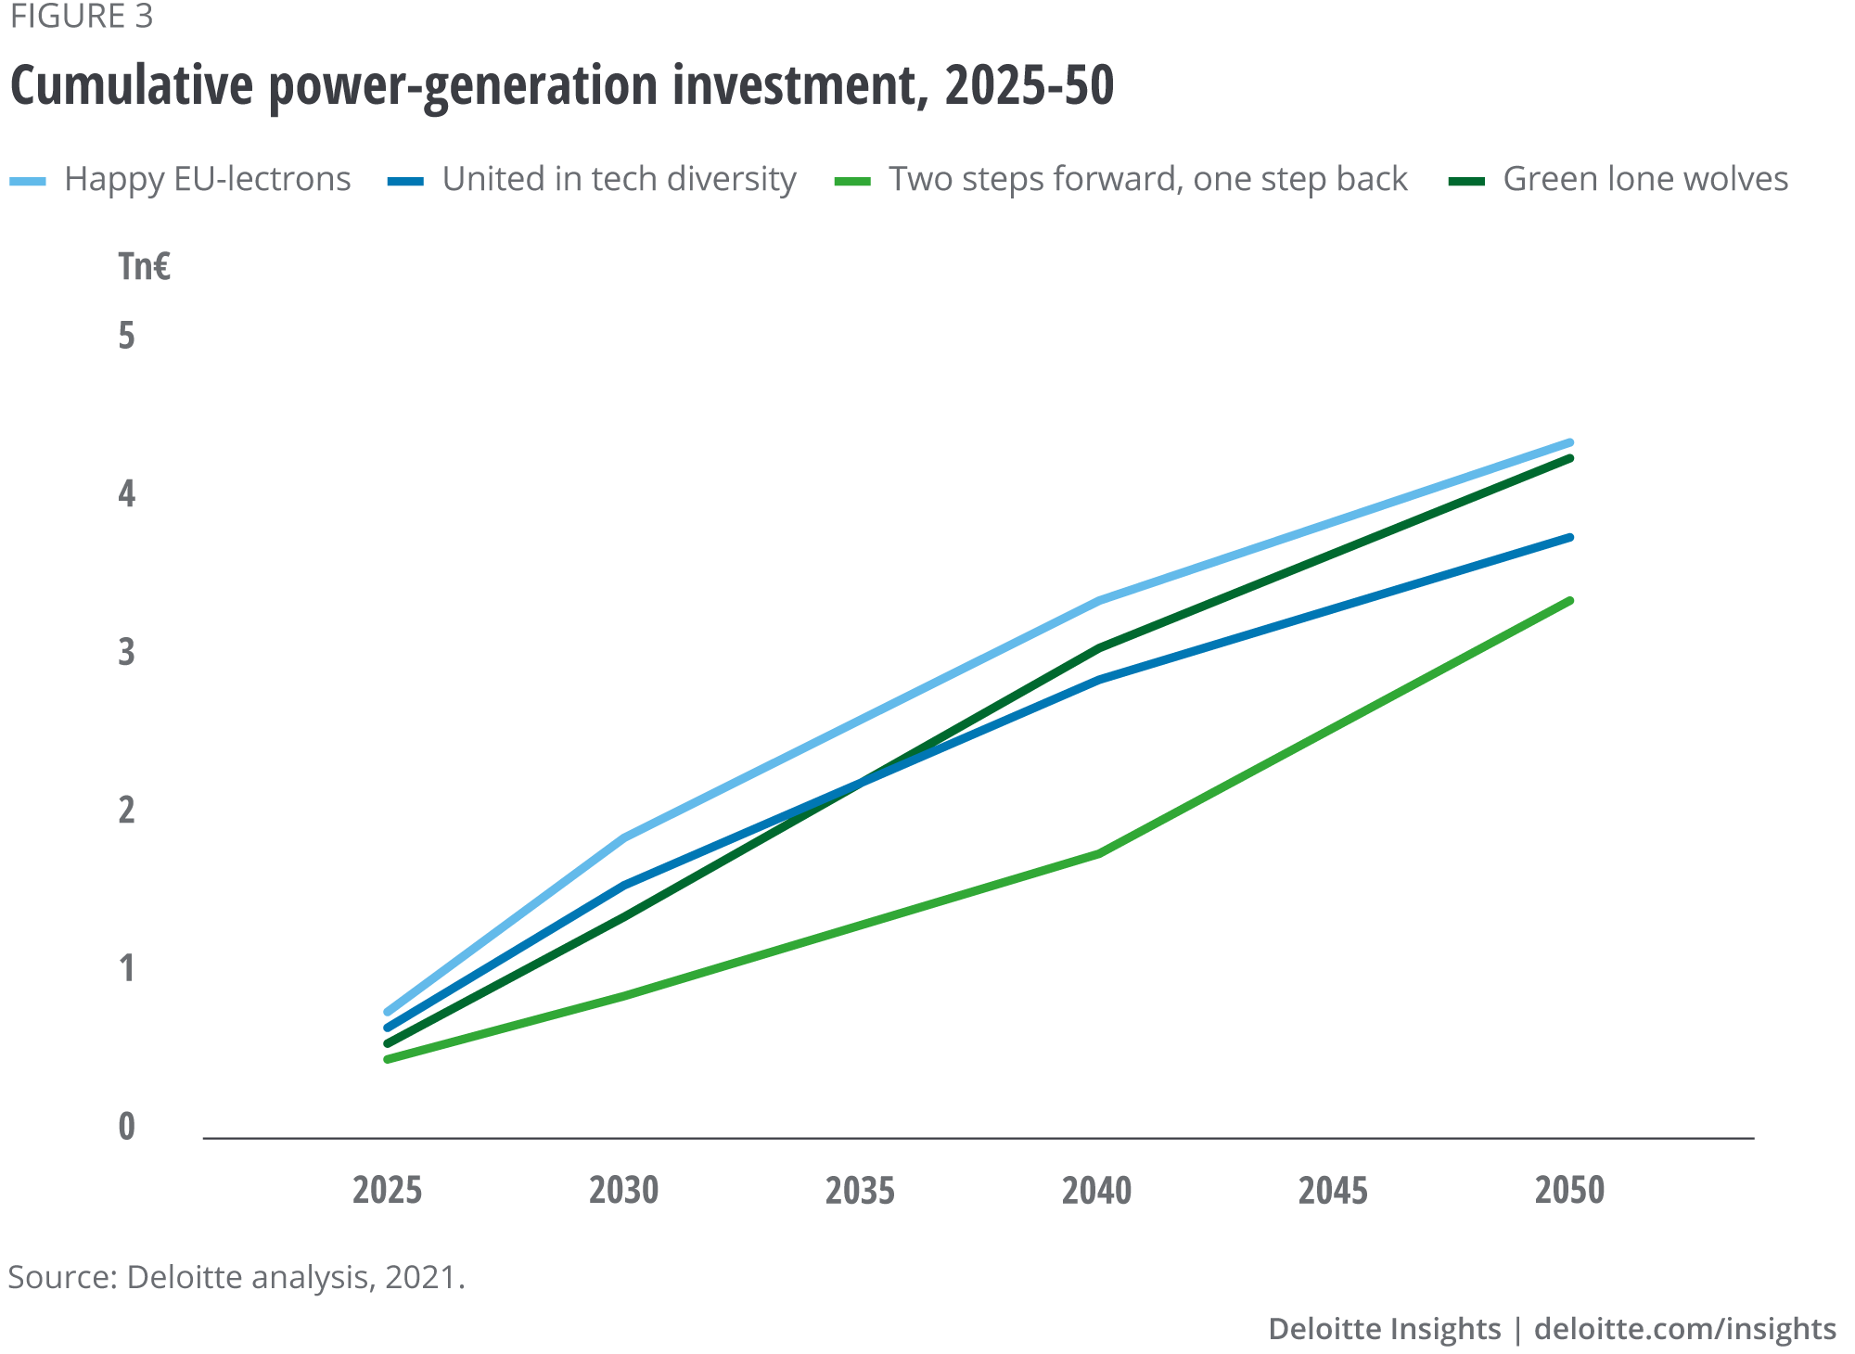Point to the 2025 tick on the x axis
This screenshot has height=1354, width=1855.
pos(387,1190)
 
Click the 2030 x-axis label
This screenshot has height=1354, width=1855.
pos(623,1190)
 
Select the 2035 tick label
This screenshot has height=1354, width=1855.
pos(860,1190)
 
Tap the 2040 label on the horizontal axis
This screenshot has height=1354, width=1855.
pos(1096,1190)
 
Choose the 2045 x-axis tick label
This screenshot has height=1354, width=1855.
pos(1333,1190)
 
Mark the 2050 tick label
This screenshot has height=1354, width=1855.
pos(1569,1190)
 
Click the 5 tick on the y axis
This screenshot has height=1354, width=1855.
pos(127,336)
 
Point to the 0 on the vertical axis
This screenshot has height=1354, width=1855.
pos(127,1127)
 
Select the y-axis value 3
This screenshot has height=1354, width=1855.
pos(127,652)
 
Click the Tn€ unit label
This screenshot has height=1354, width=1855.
pos(144,267)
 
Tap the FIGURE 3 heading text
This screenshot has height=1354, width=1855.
pos(82,17)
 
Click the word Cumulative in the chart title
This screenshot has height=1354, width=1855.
pos(131,85)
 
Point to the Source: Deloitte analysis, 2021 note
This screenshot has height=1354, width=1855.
pos(236,1277)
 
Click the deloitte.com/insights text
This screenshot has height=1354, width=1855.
pos(1684,1328)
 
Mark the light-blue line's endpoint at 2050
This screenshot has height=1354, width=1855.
pos(1570,442)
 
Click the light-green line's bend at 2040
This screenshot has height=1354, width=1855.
pos(1098,853)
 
